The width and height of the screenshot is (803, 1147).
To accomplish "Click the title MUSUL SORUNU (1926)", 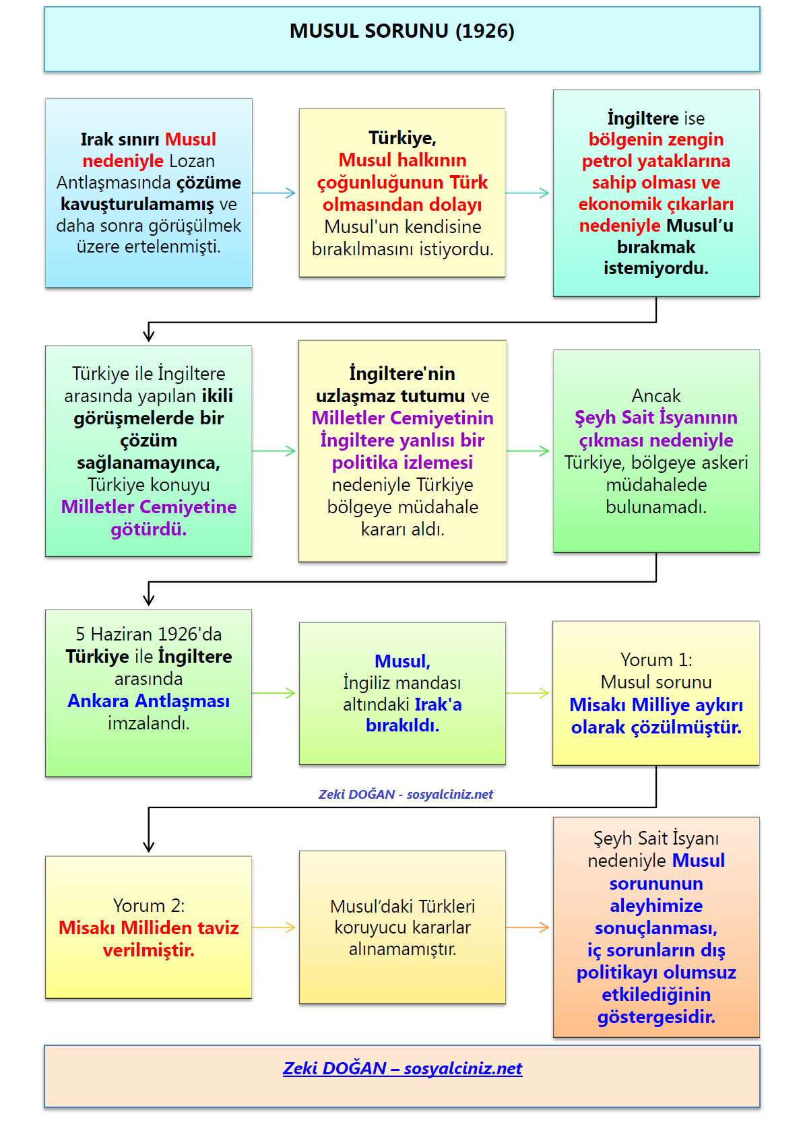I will [x=401, y=31].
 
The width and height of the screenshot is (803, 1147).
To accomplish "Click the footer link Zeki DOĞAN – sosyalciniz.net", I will [x=402, y=1068].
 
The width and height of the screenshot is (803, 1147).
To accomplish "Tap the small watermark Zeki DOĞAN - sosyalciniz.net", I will [x=406, y=794].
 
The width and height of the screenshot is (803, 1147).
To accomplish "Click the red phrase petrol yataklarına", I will [x=655, y=161].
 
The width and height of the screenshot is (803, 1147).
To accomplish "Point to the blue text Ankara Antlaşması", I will [x=148, y=701].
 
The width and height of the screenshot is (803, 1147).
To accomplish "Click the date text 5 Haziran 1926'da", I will [x=148, y=634].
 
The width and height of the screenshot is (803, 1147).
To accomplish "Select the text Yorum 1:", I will [x=655, y=659].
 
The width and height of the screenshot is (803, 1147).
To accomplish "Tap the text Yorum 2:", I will [x=148, y=905].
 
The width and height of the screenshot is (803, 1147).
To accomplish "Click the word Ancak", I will [x=655, y=395].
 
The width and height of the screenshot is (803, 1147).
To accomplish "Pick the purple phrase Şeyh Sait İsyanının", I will [x=655, y=418].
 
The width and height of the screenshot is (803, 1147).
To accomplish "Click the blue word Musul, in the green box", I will [x=402, y=661].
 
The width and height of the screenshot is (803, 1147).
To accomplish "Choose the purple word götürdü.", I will [x=148, y=529].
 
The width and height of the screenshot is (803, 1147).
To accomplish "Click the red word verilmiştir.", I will [x=148, y=950].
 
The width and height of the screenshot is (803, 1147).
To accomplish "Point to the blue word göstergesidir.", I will [x=655, y=1016].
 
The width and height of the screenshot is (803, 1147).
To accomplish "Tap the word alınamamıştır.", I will [x=402, y=949].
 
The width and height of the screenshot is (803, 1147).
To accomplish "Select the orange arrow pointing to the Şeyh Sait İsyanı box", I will [x=529, y=927].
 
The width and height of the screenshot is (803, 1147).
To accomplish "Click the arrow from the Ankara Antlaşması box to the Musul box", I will [x=275, y=693].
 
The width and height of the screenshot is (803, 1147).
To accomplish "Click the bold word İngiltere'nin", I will [x=402, y=373].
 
